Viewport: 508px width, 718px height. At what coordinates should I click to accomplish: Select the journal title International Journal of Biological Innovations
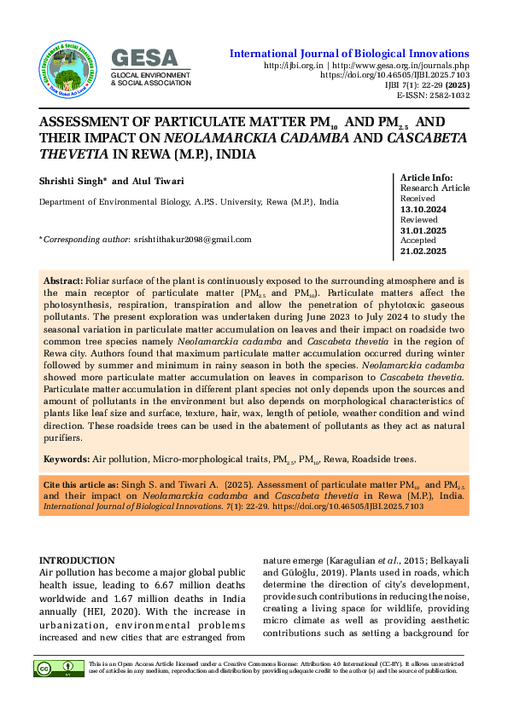coord(349,54)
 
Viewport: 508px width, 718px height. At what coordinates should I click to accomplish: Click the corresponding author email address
coord(192,240)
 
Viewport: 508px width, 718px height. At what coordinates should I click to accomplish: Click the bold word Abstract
coord(62,281)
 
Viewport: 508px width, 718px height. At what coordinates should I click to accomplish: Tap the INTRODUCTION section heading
coord(78,559)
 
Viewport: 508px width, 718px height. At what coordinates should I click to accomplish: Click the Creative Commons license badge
coord(59,668)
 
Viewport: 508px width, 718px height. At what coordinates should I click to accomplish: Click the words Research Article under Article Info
coord(435,188)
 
